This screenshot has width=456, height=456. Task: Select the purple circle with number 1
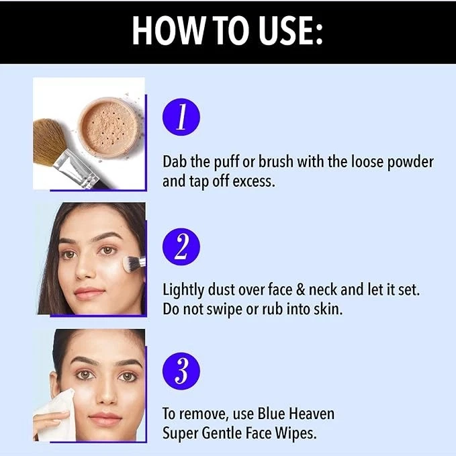click(x=181, y=118)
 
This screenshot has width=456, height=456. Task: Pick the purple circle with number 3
click(x=181, y=371)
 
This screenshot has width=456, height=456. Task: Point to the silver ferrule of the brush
click(x=84, y=166)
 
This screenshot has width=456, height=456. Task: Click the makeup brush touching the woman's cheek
click(x=132, y=264)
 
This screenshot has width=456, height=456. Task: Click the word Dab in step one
click(x=176, y=162)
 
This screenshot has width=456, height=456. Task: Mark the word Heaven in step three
click(x=308, y=414)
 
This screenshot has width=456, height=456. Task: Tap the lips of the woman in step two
click(x=89, y=293)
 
